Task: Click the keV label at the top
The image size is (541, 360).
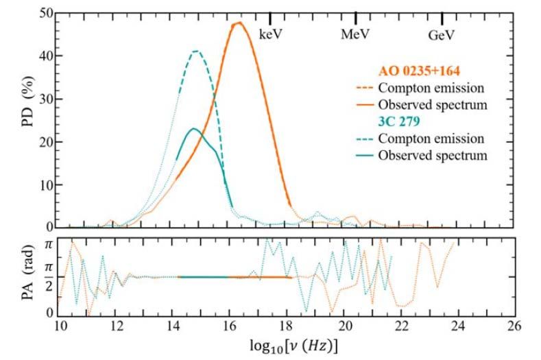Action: click(271, 33)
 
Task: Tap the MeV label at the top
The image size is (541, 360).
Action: click(356, 33)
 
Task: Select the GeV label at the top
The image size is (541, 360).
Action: click(442, 33)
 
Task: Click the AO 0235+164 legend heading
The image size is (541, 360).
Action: click(421, 71)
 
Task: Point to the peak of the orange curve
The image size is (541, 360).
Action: click(239, 23)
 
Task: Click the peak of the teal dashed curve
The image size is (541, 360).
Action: click(197, 51)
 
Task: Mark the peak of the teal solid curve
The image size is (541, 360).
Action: click(193, 128)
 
